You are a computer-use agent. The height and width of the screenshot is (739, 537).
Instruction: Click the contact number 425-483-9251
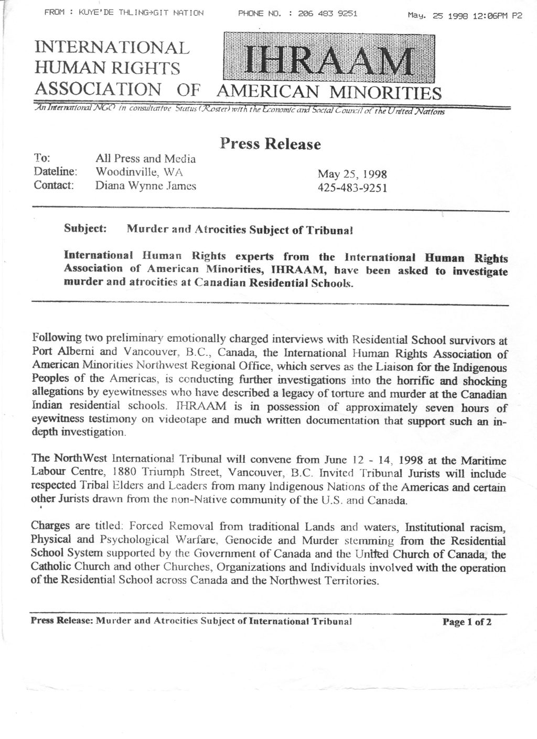[352, 188]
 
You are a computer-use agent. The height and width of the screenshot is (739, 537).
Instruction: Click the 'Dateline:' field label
[56, 171]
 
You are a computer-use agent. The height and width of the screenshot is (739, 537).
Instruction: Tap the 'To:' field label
[41, 158]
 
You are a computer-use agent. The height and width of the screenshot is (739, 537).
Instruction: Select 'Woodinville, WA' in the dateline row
[138, 171]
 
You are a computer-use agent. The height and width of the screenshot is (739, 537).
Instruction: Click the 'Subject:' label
[85, 229]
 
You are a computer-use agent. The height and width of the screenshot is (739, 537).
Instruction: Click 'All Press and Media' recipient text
[146, 158]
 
